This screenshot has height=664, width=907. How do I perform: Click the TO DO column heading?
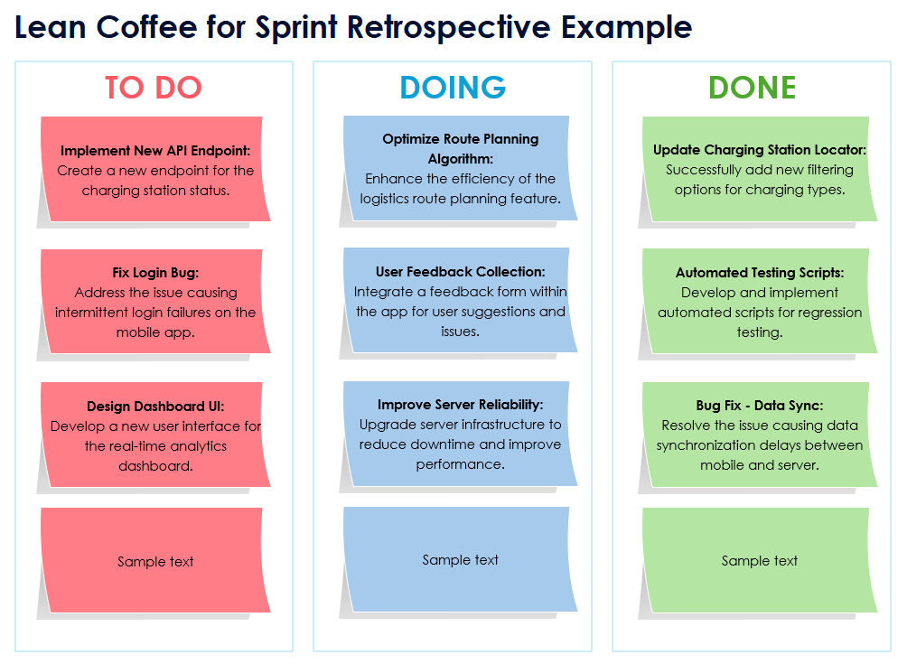(153, 88)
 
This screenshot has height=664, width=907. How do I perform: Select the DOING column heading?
(453, 88)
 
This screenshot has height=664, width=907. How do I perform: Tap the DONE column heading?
(752, 88)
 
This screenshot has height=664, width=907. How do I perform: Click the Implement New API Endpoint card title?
(155, 151)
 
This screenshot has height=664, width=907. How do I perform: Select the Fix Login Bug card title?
(155, 273)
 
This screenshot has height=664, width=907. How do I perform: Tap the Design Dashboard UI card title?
(155, 407)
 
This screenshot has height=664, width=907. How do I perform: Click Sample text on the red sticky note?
(155, 562)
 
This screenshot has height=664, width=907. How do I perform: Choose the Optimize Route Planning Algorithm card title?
(460, 148)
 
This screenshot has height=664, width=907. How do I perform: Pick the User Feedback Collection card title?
(460, 272)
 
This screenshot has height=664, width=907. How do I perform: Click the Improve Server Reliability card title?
(460, 405)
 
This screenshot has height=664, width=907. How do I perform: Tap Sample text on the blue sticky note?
(460, 560)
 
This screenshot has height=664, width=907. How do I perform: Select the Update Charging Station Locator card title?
(760, 150)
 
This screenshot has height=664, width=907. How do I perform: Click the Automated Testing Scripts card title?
(760, 273)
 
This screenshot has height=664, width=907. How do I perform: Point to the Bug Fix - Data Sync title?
(760, 406)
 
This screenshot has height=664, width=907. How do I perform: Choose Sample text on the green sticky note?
(760, 561)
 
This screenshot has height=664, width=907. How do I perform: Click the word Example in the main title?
(627, 27)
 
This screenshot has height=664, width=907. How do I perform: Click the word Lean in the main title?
(49, 27)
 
